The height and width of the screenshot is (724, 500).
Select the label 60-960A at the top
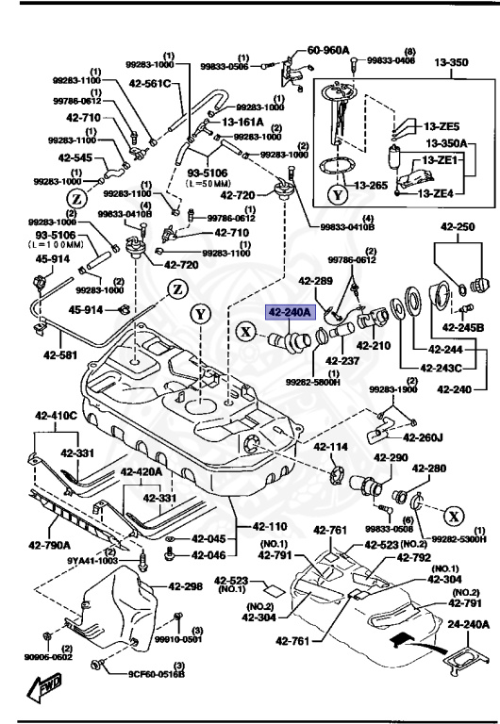(329, 51)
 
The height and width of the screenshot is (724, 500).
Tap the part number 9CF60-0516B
(158, 673)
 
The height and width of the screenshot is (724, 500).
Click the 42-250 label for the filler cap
(459, 228)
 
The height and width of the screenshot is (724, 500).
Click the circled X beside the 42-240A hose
(245, 331)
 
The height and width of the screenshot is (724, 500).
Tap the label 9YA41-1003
(92, 560)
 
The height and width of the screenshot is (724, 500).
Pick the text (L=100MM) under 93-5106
(35, 243)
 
